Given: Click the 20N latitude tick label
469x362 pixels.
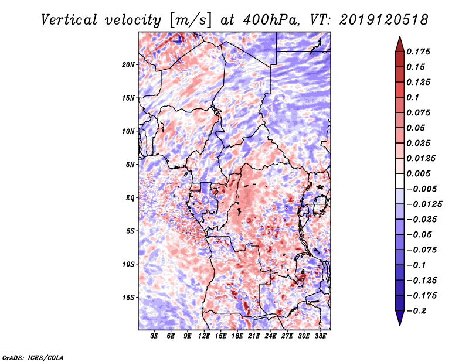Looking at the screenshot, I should coord(128,64).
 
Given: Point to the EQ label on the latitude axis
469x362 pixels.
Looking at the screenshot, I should coord(130,197).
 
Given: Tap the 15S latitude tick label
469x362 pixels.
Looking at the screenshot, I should coord(128,297).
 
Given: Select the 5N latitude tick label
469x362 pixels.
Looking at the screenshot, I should coord(130,164).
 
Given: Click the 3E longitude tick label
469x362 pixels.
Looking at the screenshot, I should coord(155,336).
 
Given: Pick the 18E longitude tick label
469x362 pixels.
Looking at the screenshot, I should coord(237,336).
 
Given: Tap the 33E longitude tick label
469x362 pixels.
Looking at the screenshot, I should coord(320,336).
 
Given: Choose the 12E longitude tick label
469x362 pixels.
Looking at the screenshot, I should coord(205,336).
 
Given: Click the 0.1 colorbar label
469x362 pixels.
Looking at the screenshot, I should coord(414,97).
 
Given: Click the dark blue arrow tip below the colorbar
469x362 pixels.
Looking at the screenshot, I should coord(399,322).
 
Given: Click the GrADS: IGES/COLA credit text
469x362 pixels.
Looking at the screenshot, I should coord(32,356).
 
